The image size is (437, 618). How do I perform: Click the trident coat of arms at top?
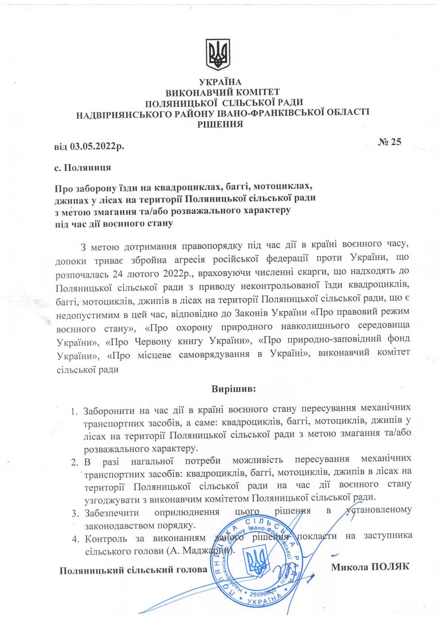click(218, 54)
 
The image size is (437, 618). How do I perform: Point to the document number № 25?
click(390, 141)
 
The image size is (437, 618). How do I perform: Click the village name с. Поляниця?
click(82, 168)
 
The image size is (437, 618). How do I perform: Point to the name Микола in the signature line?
click(349, 567)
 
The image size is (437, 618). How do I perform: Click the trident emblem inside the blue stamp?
click(257, 562)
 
